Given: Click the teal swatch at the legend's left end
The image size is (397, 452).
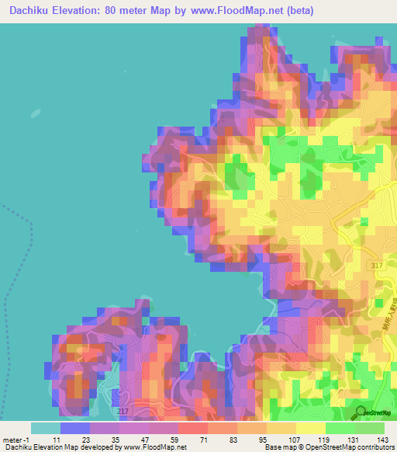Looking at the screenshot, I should [x=46, y=428].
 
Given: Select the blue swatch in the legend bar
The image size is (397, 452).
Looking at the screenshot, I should [x=75, y=428].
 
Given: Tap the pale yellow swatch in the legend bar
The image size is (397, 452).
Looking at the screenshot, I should [x=311, y=428].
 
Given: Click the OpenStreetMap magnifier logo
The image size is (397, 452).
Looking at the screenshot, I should [x=361, y=412].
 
